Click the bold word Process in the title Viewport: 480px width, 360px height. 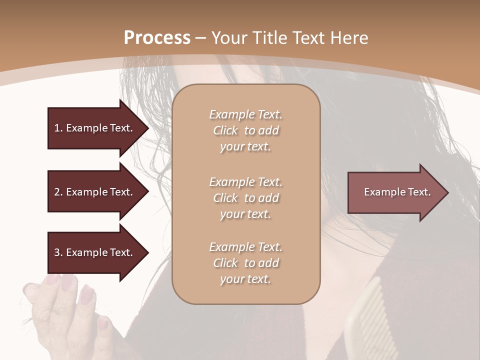pyautogui.click(x=157, y=38)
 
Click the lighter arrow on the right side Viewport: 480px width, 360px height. pyautogui.click(x=395, y=192)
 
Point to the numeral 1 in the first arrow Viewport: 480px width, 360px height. pyautogui.click(x=57, y=128)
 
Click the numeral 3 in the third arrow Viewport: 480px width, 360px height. pyautogui.click(x=57, y=252)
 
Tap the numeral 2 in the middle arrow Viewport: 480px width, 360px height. pyautogui.click(x=57, y=192)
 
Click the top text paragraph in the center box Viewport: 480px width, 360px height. pyautogui.click(x=245, y=130)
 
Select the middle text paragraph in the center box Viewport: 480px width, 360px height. pyautogui.click(x=245, y=198)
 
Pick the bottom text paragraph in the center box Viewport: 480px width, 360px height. pyautogui.click(x=245, y=263)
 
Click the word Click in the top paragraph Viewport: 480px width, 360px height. pyautogui.click(x=225, y=130)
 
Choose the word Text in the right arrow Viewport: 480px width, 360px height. pyautogui.click(x=419, y=192)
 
